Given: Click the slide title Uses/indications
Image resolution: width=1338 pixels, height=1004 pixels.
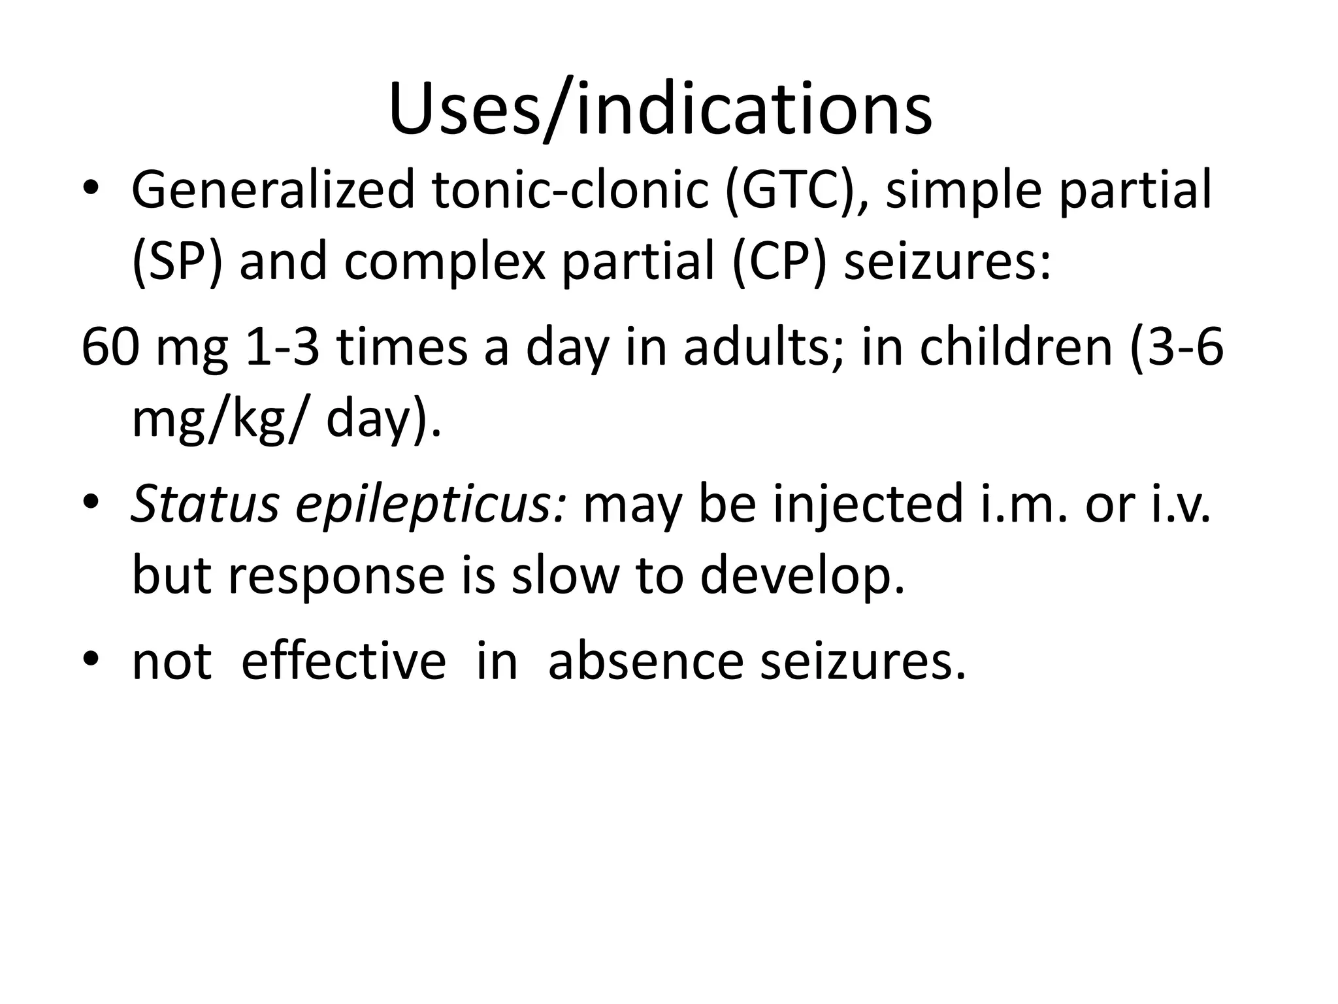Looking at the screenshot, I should (660, 109).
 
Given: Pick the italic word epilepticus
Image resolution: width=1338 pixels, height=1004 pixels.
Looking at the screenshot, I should (431, 504).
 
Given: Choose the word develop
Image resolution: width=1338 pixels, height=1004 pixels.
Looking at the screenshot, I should (803, 576).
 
